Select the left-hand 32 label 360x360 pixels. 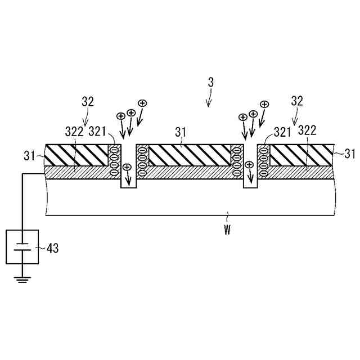coord(88,102)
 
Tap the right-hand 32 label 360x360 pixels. coord(297,101)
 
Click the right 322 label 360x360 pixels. coord(307,130)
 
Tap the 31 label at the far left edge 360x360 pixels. coord(30,154)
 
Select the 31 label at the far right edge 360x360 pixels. coord(350,153)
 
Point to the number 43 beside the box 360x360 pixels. coord(52,247)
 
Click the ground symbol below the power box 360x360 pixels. coord(22,278)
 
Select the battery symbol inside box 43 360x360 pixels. coord(22,247)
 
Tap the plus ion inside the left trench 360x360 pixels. coord(127,167)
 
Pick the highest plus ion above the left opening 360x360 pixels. coord(142,103)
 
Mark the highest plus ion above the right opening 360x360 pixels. coord(264,104)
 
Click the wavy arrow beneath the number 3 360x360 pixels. coord(209,99)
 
